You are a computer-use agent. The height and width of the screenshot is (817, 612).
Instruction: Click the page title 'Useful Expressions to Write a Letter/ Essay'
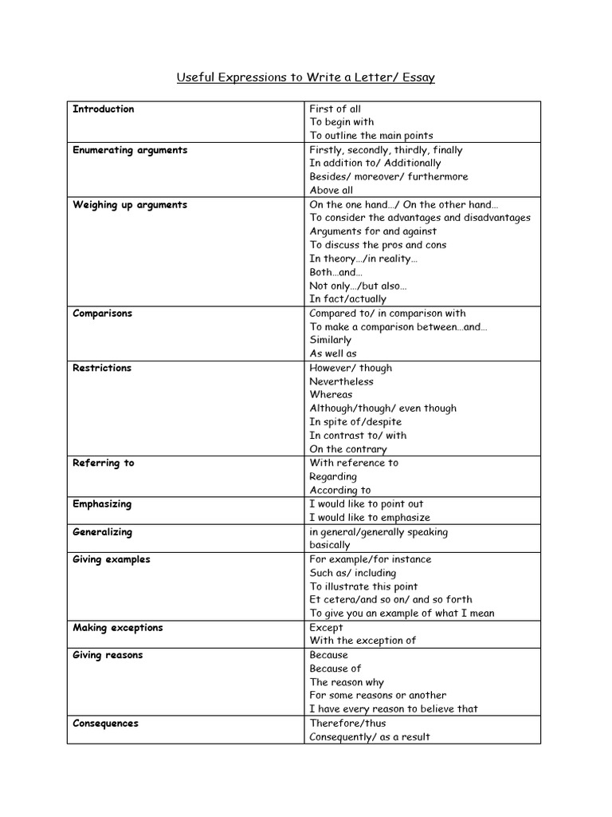305,77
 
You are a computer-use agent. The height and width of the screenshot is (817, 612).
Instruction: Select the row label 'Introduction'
104,109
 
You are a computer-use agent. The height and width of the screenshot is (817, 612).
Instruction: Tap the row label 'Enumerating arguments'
130,150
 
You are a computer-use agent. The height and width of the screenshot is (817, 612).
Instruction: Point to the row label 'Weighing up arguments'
130,205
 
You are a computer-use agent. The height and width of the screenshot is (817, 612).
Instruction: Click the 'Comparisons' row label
102,314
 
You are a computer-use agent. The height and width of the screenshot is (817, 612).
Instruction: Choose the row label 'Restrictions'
102,368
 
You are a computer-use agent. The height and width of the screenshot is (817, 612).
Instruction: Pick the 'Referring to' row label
104,463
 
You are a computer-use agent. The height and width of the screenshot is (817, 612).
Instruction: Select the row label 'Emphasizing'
102,504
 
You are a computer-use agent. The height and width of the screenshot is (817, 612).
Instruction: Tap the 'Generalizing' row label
102,532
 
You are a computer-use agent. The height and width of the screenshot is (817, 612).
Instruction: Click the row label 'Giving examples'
112,559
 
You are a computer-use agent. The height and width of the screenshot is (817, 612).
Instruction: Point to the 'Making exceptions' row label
118,628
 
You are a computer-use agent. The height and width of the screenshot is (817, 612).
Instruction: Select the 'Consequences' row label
105,724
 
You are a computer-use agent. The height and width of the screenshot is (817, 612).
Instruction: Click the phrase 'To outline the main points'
371,136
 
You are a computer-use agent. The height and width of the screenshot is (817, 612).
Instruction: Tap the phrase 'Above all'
331,191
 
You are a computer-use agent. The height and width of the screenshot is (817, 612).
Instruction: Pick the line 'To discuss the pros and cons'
378,245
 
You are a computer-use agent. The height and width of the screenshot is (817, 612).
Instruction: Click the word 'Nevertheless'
341,381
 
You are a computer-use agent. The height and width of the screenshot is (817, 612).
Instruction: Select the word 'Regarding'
333,476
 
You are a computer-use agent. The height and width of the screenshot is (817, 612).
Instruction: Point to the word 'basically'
330,545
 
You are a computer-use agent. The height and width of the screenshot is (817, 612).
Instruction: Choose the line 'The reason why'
347,682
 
